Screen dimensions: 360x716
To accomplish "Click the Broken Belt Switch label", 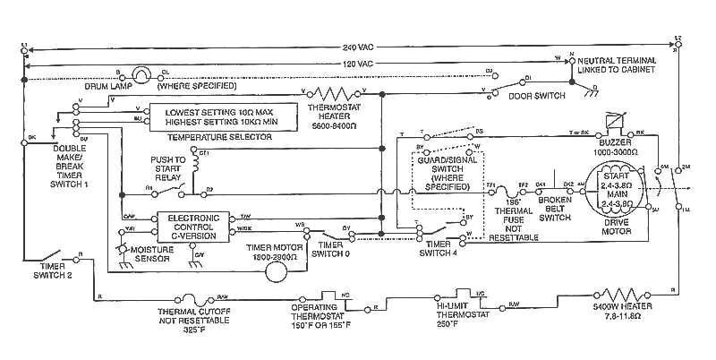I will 554,210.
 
